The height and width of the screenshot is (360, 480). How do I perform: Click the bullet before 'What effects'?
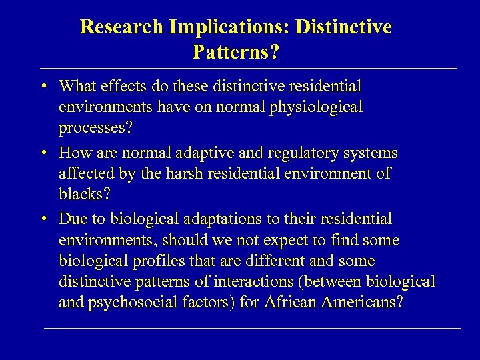click(x=42, y=87)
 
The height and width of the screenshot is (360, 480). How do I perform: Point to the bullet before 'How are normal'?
click(x=42, y=153)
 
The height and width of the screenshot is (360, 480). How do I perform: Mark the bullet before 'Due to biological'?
click(x=42, y=219)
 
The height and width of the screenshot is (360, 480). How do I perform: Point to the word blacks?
click(x=83, y=195)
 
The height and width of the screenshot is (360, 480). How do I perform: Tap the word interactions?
click(x=248, y=281)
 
